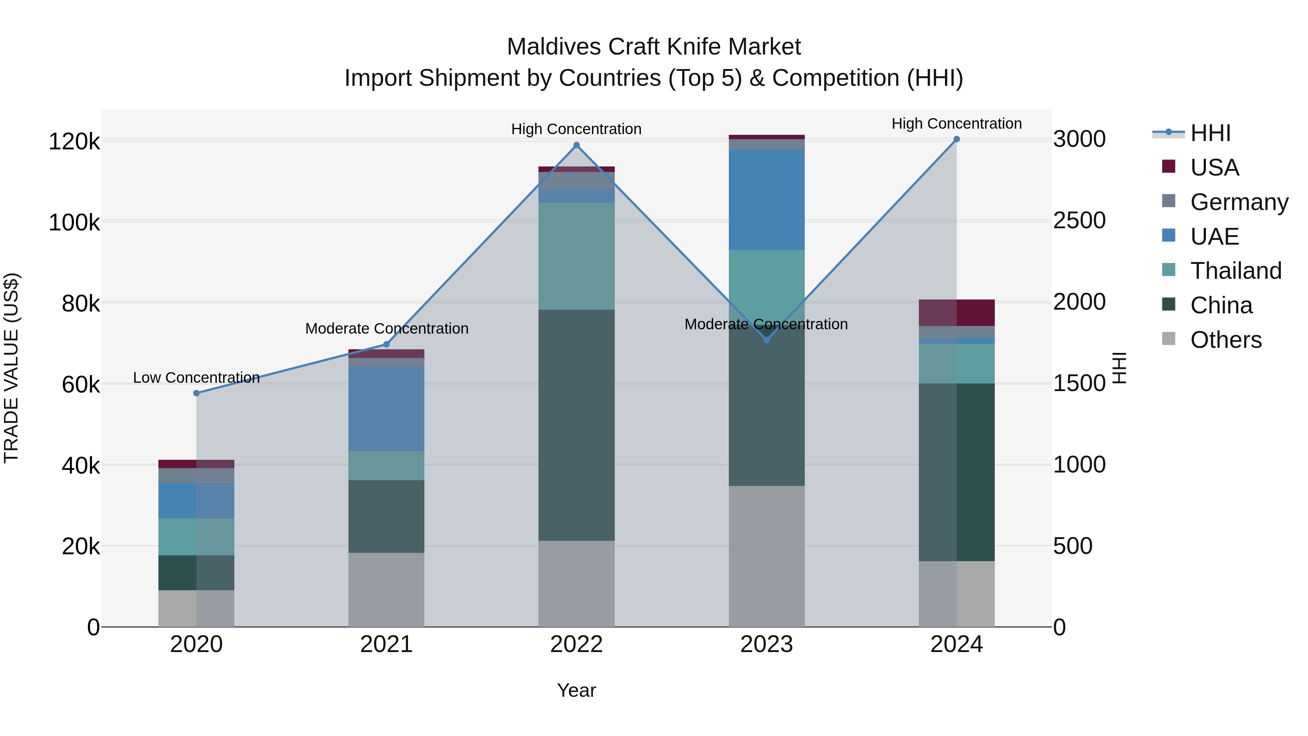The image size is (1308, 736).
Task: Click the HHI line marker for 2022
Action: pos(576,145)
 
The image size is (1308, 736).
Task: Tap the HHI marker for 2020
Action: pos(197,393)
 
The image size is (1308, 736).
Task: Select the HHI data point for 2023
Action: pos(767,340)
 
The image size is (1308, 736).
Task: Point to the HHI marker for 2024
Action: pos(957,139)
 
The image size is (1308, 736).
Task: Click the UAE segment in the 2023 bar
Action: pos(767,200)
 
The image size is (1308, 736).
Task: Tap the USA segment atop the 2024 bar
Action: pos(957,313)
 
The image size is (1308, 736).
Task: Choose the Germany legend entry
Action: pos(1239,202)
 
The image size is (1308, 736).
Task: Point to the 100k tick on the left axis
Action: pos(74,222)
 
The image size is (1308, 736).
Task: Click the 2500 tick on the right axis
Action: pos(1079,221)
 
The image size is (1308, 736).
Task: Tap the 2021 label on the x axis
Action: pos(387,644)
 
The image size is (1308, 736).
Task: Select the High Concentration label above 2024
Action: pos(957,124)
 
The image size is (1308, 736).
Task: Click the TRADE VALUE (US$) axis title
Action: pos(11,368)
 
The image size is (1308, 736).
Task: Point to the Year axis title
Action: pos(576,690)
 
